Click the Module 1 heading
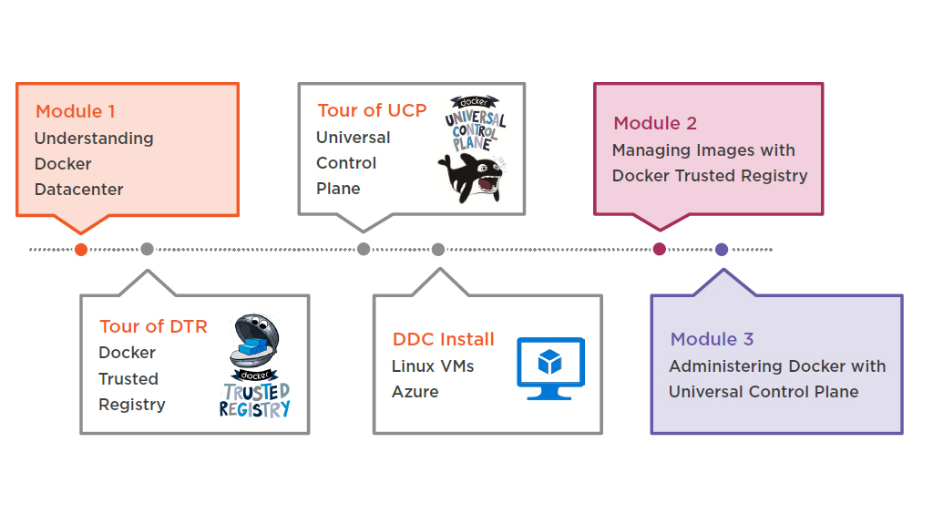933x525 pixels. [x=76, y=112]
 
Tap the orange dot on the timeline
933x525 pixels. [x=81, y=250]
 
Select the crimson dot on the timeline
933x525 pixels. [x=660, y=250]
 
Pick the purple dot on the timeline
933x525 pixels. [x=722, y=250]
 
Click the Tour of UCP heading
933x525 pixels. [x=372, y=110]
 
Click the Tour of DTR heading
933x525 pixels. [x=153, y=326]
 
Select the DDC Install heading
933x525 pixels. [x=443, y=339]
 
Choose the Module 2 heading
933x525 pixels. [x=655, y=123]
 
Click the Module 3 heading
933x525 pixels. [x=712, y=339]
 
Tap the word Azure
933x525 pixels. [x=415, y=392]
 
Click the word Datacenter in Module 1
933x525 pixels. [x=79, y=190]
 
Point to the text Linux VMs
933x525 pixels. [x=433, y=366]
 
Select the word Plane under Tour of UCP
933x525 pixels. [x=338, y=189]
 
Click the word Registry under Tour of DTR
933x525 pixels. [x=132, y=405]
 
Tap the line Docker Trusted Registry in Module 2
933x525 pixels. [x=710, y=176]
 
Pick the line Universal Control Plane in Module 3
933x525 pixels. [x=764, y=392]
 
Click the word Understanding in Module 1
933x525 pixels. [x=94, y=139]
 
